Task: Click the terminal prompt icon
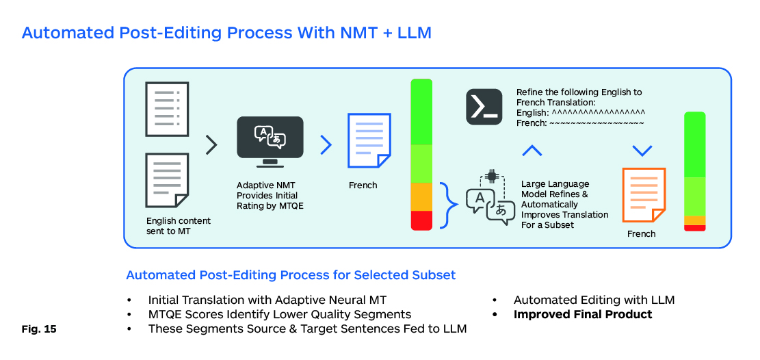coord(484,107)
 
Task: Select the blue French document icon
coord(369,140)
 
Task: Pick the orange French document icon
coord(643,195)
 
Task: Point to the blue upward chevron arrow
coord(532,150)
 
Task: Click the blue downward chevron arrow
coord(642,150)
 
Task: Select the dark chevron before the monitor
coord(211,144)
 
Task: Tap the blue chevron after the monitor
coord(326,144)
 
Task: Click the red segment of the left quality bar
coord(421,220)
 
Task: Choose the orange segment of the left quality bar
coord(421,197)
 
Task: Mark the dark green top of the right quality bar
coord(694,144)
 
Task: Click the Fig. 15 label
coord(40,329)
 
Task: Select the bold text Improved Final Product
coord(583,315)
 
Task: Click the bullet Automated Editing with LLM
coord(594,300)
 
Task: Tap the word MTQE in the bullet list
coord(165,315)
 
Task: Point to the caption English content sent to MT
coord(179,227)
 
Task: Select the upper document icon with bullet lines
coord(166,110)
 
